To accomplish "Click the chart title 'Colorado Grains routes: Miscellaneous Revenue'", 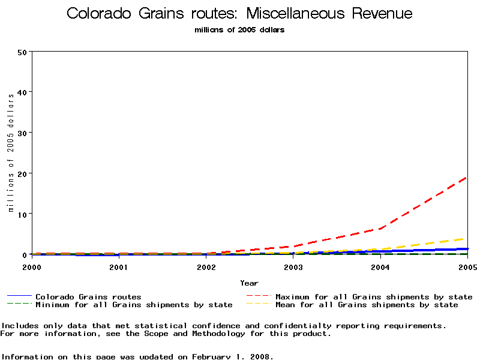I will pyautogui.click(x=239, y=13).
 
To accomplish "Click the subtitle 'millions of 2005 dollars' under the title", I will pyautogui.click(x=239, y=30).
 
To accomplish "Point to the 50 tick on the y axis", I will pyautogui.click(x=23, y=52).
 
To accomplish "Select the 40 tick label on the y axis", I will pyautogui.click(x=23, y=92).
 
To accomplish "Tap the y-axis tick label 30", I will pyautogui.click(x=23, y=133).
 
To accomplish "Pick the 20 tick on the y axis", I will pyautogui.click(x=23, y=173).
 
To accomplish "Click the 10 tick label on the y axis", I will pyautogui.click(x=23, y=214).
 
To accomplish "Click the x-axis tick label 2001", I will pyautogui.click(x=119, y=266).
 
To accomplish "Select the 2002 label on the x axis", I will pyautogui.click(x=206, y=266).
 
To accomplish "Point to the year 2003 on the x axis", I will pyautogui.click(x=293, y=266).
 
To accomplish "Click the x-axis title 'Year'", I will pyautogui.click(x=250, y=283).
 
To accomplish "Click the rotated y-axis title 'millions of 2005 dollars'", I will pyautogui.click(x=11, y=174).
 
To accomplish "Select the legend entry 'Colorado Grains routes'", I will pyautogui.click(x=88, y=296).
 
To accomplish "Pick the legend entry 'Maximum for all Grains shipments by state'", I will pyautogui.click(x=374, y=296).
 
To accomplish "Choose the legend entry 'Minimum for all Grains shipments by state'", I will pyautogui.click(x=134, y=305).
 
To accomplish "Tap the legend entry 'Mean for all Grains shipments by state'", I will pyautogui.click(x=367, y=305).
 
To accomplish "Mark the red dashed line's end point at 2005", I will pyautogui.click(x=467, y=177).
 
